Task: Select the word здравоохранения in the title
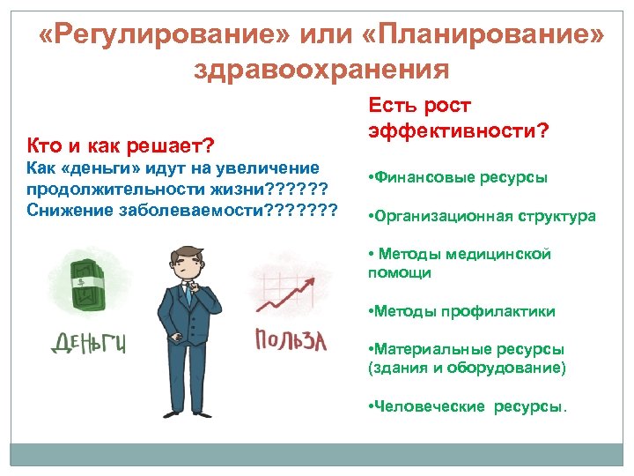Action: pos(321,69)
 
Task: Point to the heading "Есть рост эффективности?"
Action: pos(458,118)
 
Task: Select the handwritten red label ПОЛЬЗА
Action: pos(291,339)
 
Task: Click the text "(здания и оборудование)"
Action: pos(467,367)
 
